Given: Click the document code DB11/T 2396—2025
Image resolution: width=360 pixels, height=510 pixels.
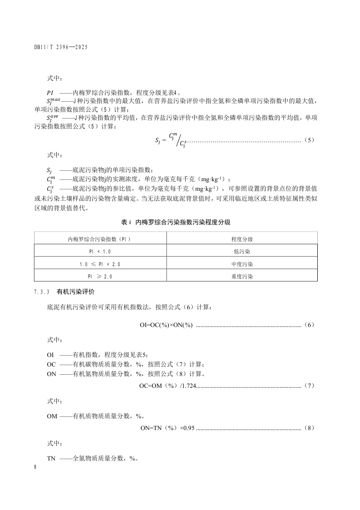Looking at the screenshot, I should coord(60,47).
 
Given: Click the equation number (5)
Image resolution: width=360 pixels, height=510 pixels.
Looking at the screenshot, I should coord(309,140).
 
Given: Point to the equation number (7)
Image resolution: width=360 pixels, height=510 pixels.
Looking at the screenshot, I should coord(309,386).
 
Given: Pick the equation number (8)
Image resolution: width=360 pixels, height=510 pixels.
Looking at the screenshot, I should coord(309,428).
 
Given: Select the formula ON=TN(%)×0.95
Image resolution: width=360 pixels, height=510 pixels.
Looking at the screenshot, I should coord(168,428).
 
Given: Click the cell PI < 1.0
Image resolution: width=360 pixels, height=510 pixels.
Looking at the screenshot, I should coord(100,251).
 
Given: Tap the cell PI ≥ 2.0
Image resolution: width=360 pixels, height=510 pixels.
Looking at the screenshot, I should coord(100,276).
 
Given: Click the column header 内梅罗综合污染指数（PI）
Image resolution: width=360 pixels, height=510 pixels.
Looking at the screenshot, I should coord(100,238).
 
